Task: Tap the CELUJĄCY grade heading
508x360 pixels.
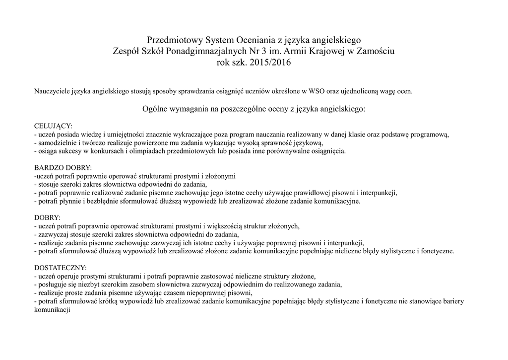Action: (53, 126)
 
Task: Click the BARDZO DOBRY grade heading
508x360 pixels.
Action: (63, 168)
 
